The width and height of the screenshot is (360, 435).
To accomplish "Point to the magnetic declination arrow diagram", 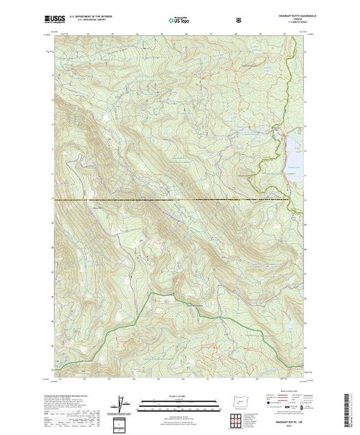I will click(x=121, y=404).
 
